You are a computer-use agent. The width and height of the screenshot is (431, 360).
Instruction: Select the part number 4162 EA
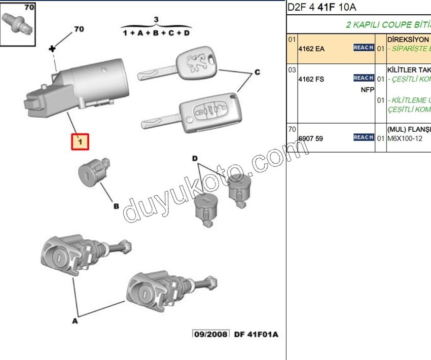coord(311,49)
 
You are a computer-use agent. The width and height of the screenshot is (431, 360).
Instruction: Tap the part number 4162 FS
coord(311,79)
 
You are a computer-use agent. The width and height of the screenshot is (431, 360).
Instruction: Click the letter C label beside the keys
coord(257,73)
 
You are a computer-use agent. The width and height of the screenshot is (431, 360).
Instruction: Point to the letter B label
coord(116,206)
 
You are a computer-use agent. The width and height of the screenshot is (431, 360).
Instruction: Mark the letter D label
coord(195,159)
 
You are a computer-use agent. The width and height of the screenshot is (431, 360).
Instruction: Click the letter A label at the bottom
coord(75,320)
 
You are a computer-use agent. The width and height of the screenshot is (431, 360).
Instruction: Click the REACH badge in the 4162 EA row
coord(364,47)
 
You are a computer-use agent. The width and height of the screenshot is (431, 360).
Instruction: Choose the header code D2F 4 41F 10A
coord(322,7)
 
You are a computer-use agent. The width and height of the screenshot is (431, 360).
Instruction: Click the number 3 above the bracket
coord(156,20)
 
